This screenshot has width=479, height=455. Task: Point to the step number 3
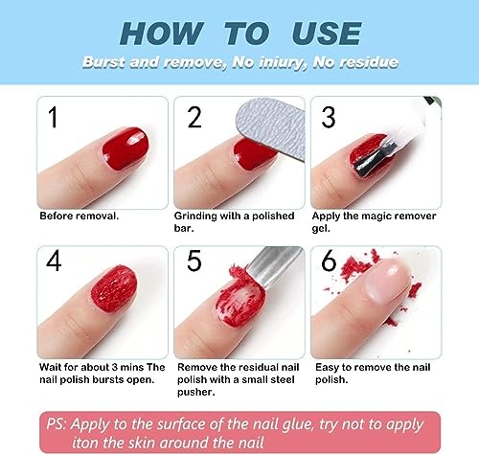(x=329, y=119)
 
